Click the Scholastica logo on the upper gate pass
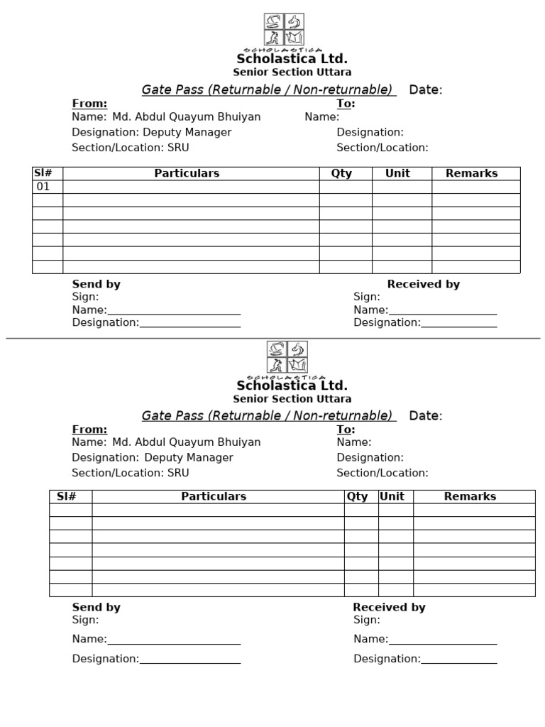(284, 30)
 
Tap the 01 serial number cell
(43, 187)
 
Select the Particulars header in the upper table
(187, 173)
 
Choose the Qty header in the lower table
(357, 496)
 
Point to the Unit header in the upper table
(397, 173)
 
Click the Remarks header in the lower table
(470, 496)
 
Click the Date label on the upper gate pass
(425, 89)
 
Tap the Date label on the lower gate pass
(425, 416)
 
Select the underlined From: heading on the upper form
(89, 104)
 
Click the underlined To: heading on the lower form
(346, 430)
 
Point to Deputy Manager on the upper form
(187, 132)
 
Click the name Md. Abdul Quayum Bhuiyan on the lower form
(187, 442)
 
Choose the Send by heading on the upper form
(97, 284)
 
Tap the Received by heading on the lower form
(389, 607)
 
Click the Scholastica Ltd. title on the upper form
(292, 59)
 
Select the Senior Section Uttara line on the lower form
(292, 399)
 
